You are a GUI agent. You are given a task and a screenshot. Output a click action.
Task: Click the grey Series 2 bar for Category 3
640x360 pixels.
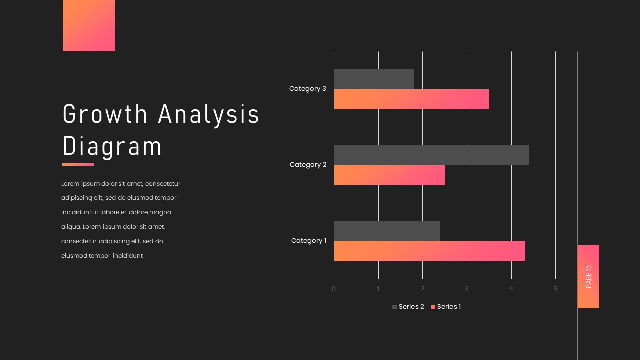pyautogui.click(x=374, y=79)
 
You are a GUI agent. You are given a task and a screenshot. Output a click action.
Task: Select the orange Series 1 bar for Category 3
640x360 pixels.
pyautogui.click(x=411, y=99)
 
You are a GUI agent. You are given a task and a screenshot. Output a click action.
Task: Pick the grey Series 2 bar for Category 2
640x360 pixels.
pyautogui.click(x=431, y=155)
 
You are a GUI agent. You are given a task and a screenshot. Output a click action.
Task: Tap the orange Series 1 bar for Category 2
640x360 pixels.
pyautogui.click(x=389, y=175)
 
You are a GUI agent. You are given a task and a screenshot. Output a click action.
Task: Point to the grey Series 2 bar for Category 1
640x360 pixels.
pyautogui.click(x=387, y=231)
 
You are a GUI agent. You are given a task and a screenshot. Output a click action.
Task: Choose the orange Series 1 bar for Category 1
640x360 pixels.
pyautogui.click(x=429, y=251)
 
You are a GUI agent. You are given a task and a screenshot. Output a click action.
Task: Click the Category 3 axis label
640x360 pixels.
pyautogui.click(x=307, y=89)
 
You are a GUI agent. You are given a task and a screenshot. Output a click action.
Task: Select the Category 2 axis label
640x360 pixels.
pyautogui.click(x=308, y=165)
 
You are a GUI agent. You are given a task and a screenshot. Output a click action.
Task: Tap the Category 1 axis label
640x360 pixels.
pyautogui.click(x=308, y=241)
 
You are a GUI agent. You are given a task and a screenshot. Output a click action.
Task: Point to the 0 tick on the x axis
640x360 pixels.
pyautogui.click(x=334, y=289)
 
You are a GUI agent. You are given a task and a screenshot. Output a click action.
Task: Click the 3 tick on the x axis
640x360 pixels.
pyautogui.click(x=467, y=289)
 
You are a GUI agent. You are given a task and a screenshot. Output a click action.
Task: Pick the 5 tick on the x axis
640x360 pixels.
pyautogui.click(x=555, y=289)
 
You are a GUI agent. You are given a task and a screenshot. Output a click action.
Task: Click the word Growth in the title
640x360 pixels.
pyautogui.click(x=105, y=114)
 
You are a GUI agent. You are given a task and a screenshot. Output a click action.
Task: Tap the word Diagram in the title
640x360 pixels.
pyautogui.click(x=112, y=146)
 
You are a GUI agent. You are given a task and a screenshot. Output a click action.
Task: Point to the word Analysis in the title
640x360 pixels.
pyautogui.click(x=209, y=114)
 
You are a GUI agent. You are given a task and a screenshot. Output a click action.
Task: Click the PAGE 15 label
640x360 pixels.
pyautogui.click(x=588, y=276)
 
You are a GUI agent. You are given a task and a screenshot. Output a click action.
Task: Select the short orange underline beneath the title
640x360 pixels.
pyautogui.click(x=78, y=164)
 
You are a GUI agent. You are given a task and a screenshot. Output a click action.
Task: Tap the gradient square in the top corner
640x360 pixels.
pyautogui.click(x=89, y=25)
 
